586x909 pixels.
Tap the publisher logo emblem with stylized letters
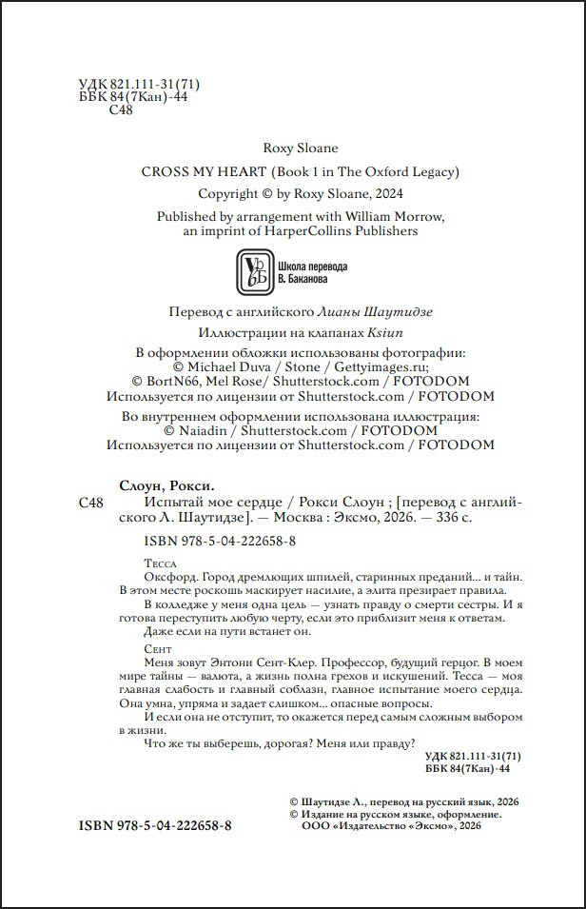click(251, 272)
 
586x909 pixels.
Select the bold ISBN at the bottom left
click(154, 825)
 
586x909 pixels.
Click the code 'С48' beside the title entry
click(88, 502)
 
